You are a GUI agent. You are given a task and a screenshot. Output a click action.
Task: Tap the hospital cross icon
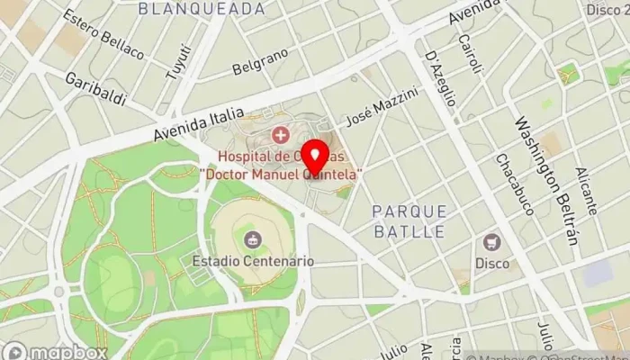[x=280, y=136]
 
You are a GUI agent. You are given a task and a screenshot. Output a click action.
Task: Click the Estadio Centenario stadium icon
[x=253, y=239]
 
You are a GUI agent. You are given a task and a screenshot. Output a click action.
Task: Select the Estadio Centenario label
[x=253, y=261]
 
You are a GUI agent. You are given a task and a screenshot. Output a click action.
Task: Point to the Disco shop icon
[x=492, y=242]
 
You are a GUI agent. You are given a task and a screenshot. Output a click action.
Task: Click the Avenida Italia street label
[x=198, y=124]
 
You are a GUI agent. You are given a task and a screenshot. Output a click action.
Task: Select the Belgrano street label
[x=260, y=62]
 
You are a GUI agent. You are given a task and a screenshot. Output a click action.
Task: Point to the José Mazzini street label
[x=382, y=106]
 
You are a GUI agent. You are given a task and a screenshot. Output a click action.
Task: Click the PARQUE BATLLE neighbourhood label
[x=409, y=220]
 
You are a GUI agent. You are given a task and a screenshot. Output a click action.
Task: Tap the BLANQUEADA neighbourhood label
[x=202, y=9]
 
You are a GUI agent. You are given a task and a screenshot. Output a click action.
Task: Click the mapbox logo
[x=54, y=351]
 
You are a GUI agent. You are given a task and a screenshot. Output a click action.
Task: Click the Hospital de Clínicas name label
[x=282, y=165]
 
